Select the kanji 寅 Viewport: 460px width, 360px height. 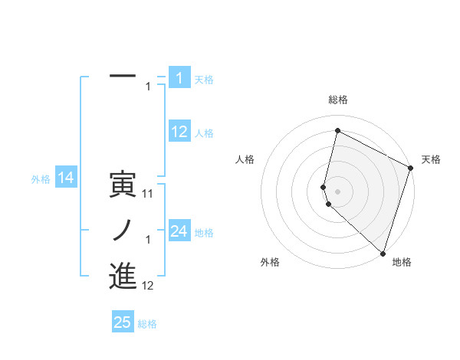pyautogui.click(x=123, y=185)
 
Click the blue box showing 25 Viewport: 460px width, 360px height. pyautogui.click(x=123, y=322)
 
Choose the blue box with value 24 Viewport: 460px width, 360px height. pyautogui.click(x=179, y=231)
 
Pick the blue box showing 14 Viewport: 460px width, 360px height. pyautogui.click(x=65, y=178)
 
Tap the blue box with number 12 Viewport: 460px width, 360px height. pyautogui.click(x=179, y=132)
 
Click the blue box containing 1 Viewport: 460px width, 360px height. pyautogui.click(x=179, y=77)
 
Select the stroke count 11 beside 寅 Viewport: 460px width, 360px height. pyautogui.click(x=148, y=194)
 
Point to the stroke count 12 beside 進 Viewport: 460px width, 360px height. pyautogui.click(x=148, y=286)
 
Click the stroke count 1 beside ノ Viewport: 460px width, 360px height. pyautogui.click(x=148, y=240)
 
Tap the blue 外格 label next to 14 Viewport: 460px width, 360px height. pyautogui.click(x=41, y=179)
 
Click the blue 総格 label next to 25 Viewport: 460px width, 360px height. pyautogui.click(x=147, y=324)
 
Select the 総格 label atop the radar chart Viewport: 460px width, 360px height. pyautogui.click(x=338, y=100)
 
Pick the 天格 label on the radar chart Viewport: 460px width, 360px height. pyautogui.click(x=432, y=159)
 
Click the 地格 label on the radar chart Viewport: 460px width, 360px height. pyautogui.click(x=402, y=262)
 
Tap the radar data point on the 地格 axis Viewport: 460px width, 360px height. pyautogui.click(x=383, y=252)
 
